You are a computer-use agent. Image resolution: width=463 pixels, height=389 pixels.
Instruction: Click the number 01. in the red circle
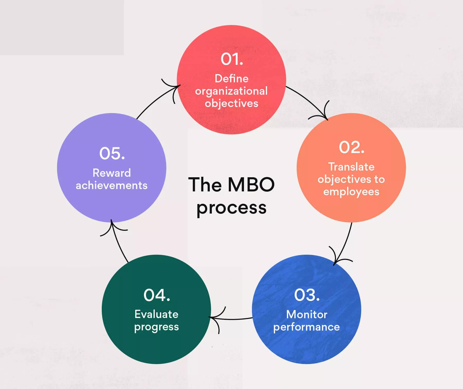click(x=232, y=59)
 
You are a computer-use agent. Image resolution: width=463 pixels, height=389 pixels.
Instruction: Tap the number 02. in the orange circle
click(x=351, y=147)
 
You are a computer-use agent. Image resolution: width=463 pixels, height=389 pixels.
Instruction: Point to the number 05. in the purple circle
click(x=112, y=153)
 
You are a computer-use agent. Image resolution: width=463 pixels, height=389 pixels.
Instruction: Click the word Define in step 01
click(x=232, y=78)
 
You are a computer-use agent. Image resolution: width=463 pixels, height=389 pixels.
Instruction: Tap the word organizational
click(x=231, y=91)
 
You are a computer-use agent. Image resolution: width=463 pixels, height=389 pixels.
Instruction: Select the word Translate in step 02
click(x=351, y=167)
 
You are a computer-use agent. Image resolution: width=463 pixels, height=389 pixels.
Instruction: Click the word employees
click(x=351, y=192)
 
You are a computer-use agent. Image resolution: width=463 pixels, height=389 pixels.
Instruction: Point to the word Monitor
click(x=307, y=314)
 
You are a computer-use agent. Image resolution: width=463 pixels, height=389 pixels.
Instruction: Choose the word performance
click(x=306, y=327)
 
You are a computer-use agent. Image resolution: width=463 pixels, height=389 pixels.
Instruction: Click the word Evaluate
click(x=156, y=314)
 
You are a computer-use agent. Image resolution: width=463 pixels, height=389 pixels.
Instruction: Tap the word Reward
click(x=112, y=173)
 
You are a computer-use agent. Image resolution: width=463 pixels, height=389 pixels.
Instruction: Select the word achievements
click(x=112, y=185)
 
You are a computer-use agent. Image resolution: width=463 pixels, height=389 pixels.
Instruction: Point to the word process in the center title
click(x=231, y=208)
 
